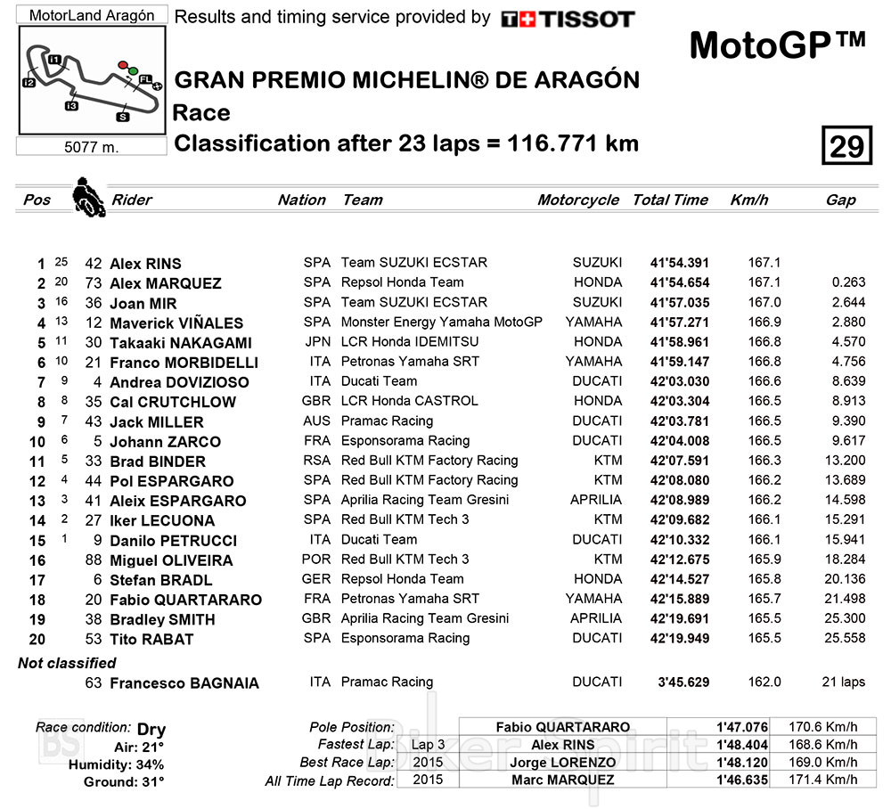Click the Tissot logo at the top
[568, 19]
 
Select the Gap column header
[840, 200]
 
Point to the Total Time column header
[670, 200]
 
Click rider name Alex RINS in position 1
[145, 264]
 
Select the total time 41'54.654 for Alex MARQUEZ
[681, 283]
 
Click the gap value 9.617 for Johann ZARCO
[841, 441]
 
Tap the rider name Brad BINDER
[157, 462]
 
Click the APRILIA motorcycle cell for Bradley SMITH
[596, 618]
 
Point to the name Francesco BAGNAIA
[184, 683]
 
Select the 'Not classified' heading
[67, 663]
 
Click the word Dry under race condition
[151, 730]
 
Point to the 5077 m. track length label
[92, 147]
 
